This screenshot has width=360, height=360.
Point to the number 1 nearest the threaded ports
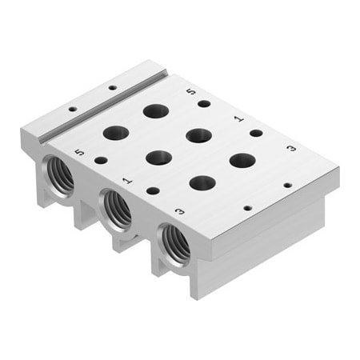click(126, 182)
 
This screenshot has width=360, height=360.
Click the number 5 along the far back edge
click(189, 93)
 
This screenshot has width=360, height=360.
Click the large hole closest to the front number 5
click(116, 133)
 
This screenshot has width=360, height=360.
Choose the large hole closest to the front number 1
click(158, 157)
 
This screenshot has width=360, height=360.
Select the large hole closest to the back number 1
click(198, 134)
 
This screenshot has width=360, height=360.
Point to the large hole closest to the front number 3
click(202, 182)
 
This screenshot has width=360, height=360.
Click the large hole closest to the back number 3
click(242, 160)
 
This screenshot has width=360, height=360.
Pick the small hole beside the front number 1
click(152, 190)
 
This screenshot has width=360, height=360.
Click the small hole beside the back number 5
click(205, 103)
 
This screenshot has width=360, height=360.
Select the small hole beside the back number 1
click(256, 133)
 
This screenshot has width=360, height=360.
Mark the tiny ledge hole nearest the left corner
click(73, 108)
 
